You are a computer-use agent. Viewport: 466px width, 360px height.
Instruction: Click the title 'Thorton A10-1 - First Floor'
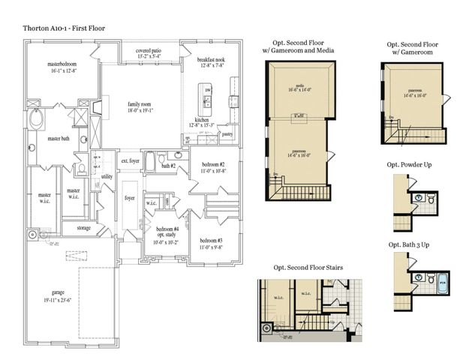63,28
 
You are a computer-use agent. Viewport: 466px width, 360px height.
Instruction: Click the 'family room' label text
140,104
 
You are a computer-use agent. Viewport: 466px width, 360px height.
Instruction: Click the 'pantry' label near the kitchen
227,135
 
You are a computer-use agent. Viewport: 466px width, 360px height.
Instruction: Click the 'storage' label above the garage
83,227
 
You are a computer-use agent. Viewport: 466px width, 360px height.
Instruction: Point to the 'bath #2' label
168,166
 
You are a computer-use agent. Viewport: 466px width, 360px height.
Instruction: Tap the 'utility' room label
107,176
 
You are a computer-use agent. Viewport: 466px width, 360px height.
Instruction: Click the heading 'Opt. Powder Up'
415,164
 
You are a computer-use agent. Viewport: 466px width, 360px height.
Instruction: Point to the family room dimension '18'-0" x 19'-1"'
140,112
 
